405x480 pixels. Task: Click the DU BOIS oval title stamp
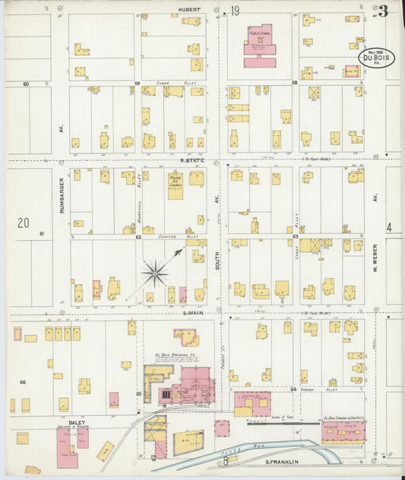pyautogui.click(x=376, y=58)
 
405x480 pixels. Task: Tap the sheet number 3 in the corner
pyautogui.click(x=383, y=11)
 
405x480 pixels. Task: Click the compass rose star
pyautogui.click(x=155, y=271)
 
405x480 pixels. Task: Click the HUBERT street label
pyautogui.click(x=189, y=10)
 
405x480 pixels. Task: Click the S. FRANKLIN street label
pyautogui.click(x=279, y=462)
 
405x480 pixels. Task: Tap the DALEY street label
pyautogui.click(x=77, y=422)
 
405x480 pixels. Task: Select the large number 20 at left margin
pyautogui.click(x=24, y=223)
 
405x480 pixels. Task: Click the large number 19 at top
pyautogui.click(x=236, y=11)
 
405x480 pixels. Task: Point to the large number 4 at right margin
pyautogui.click(x=388, y=227)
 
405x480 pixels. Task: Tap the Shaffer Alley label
pyautogui.click(x=176, y=236)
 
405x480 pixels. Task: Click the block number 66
pyautogui.click(x=23, y=381)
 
